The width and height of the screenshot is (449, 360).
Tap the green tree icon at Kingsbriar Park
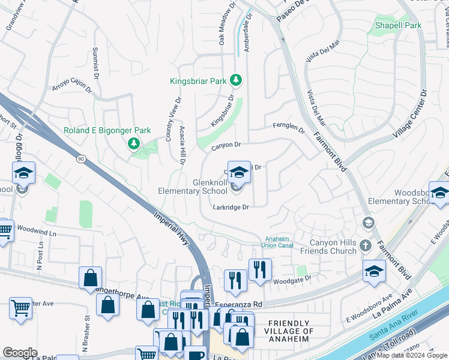(237, 80)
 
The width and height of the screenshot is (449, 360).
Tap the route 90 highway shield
(80, 158)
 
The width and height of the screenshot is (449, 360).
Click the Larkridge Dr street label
(231, 207)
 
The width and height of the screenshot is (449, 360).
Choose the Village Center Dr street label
(409, 114)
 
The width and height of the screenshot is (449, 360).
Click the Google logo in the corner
(20, 353)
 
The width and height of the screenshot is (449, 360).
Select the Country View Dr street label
(173, 119)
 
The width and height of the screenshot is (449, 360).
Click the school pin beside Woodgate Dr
(375, 271)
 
